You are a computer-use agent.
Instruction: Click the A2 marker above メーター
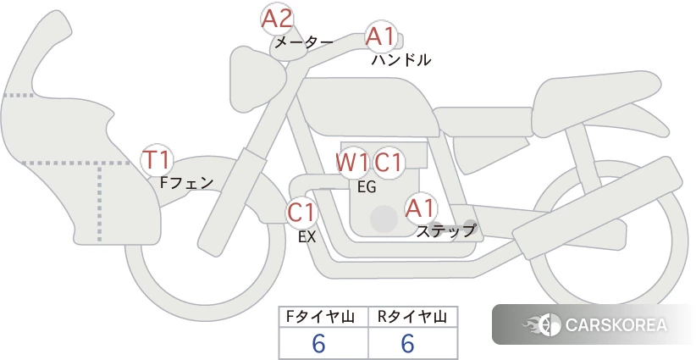click(x=277, y=19)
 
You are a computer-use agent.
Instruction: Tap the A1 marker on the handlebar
click(x=381, y=36)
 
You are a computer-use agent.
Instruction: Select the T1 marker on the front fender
click(x=157, y=160)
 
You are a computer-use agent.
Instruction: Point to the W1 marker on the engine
click(x=351, y=163)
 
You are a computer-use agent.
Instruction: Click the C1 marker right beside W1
click(x=389, y=163)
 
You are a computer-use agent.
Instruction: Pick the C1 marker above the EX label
click(x=301, y=212)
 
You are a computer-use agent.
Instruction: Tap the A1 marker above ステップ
click(x=420, y=208)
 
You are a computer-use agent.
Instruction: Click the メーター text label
click(x=304, y=42)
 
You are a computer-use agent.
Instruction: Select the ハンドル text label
click(x=401, y=59)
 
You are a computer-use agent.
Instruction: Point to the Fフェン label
click(x=186, y=182)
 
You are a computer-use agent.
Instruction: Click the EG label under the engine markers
click(x=367, y=187)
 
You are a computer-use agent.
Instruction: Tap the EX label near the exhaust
click(x=307, y=237)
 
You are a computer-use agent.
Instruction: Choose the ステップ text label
click(x=445, y=231)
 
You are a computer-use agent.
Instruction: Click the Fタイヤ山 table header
click(x=320, y=317)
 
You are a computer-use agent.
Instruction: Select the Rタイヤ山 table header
click(x=412, y=317)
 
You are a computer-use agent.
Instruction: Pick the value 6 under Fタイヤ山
click(x=318, y=343)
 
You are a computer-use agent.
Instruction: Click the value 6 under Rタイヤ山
click(x=407, y=343)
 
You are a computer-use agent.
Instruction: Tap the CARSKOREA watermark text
click(x=616, y=325)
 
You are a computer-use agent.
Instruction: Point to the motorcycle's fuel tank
click(x=368, y=107)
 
